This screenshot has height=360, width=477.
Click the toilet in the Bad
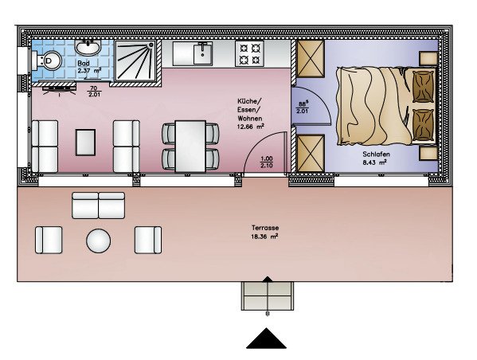[x=49, y=61]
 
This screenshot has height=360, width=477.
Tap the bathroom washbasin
[x=88, y=47]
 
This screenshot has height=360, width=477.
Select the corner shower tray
[x=135, y=61]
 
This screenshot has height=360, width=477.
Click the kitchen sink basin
[x=203, y=53]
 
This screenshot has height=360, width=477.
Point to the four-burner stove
[x=249, y=53]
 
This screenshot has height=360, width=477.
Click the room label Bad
[x=84, y=63]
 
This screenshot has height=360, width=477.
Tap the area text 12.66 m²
[x=250, y=127]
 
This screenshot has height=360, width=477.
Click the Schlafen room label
[x=376, y=155]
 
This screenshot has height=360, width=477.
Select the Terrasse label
[x=265, y=228]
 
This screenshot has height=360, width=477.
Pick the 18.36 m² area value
[x=264, y=237]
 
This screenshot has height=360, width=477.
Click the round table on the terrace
[x=98, y=241]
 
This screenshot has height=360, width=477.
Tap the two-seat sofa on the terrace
[x=98, y=205]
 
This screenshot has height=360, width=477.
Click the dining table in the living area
[x=190, y=147]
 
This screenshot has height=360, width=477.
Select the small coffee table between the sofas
[x=85, y=143]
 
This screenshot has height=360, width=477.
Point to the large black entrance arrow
[x=266, y=338]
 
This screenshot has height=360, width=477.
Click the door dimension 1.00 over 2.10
[x=267, y=162]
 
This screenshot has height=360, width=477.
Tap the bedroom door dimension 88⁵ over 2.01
[x=302, y=108]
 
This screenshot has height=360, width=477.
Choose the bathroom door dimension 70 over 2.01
[x=94, y=92]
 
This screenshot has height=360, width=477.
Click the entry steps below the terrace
[x=268, y=295]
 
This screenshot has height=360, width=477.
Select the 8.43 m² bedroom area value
[x=374, y=162]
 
